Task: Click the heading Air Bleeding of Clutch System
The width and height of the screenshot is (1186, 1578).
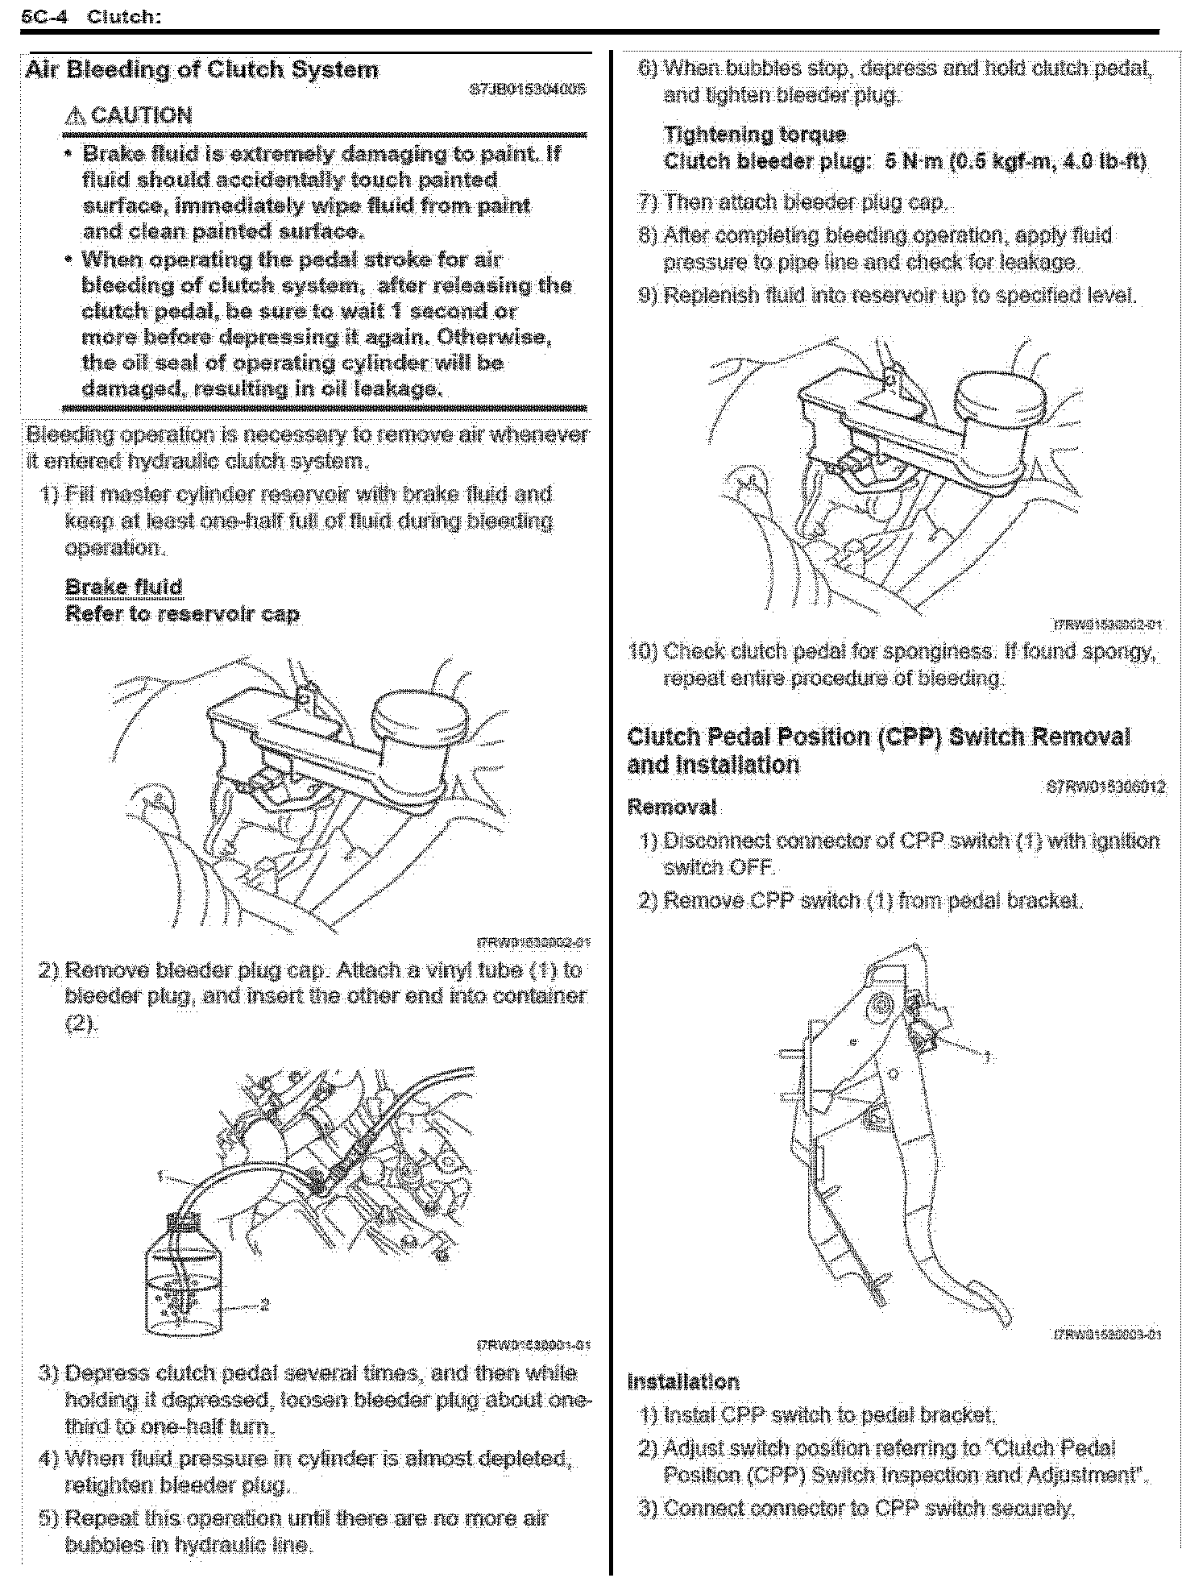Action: (201, 70)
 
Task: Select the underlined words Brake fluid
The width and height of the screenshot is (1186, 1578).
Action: (123, 587)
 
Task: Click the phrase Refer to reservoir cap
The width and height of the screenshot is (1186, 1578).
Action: (182, 614)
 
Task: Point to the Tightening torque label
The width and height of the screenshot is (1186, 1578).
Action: (755, 135)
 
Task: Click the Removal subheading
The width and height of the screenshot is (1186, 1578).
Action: (671, 807)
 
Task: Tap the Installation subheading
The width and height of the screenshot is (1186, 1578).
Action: (683, 1381)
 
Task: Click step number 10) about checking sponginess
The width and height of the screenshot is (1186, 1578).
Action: (643, 651)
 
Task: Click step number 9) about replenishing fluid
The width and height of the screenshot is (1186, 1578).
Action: (648, 296)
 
